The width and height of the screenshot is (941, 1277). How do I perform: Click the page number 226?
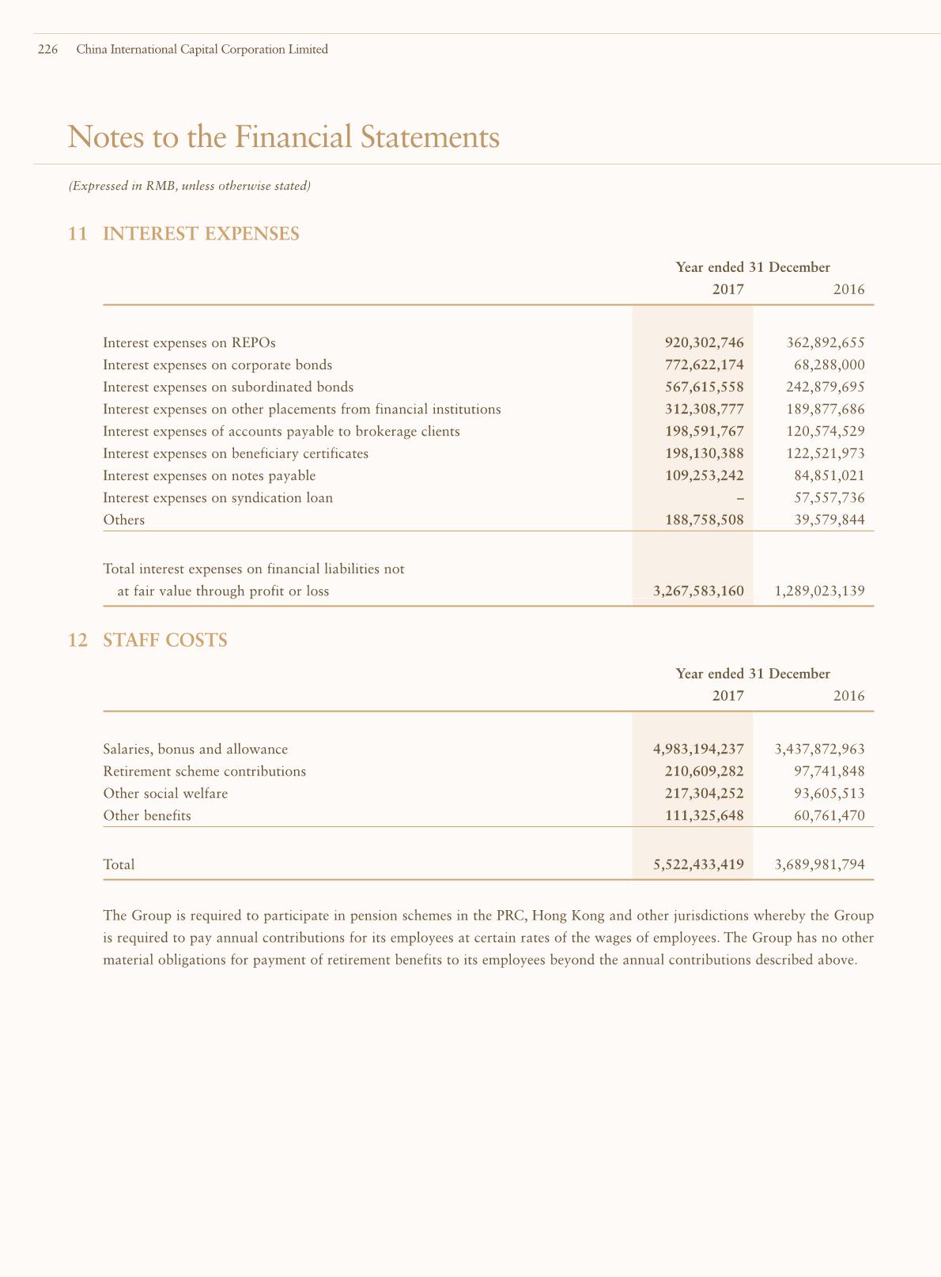point(47,50)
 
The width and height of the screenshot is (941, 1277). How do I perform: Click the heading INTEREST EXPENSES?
point(201,234)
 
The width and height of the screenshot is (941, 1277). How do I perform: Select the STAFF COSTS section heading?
point(165,640)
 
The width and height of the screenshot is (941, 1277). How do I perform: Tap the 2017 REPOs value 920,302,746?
point(704,343)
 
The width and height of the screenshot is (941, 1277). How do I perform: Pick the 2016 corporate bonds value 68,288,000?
point(829,365)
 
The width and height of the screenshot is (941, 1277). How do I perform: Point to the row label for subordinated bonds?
point(228,387)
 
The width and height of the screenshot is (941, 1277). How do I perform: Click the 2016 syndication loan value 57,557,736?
point(829,498)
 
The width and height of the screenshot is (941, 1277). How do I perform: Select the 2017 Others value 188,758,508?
point(704,520)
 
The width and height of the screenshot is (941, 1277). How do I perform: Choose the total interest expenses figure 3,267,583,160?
point(698,591)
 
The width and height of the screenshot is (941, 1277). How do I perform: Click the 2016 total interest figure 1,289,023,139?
point(820,591)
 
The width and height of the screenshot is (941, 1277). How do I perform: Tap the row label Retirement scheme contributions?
point(204,772)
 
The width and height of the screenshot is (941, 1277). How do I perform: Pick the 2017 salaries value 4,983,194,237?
point(698,750)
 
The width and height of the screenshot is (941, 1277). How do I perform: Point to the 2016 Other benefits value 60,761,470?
point(829,816)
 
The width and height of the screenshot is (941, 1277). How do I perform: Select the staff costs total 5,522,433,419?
point(698,865)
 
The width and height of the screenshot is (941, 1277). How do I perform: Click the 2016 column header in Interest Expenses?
point(848,290)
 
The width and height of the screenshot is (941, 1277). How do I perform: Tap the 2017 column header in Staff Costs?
point(727,697)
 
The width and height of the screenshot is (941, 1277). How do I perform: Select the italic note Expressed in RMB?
point(189,187)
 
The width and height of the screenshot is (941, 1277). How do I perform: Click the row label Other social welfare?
point(165,794)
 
